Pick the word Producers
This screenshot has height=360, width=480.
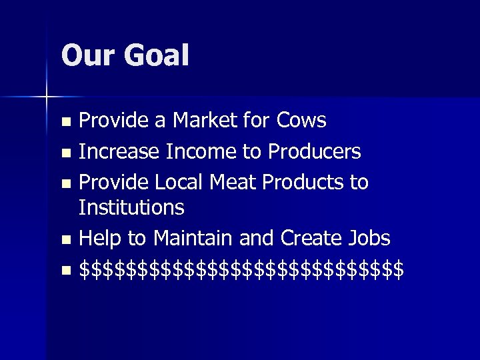315,152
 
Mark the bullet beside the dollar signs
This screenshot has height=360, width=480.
65,271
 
